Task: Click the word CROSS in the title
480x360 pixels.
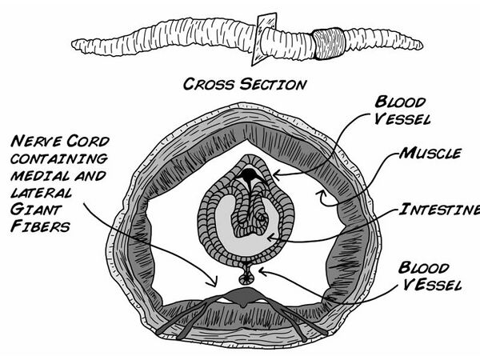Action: point(209,84)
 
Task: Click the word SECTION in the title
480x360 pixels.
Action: point(273,84)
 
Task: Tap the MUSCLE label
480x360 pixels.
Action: point(430,153)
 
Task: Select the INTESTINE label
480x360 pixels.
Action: point(439,210)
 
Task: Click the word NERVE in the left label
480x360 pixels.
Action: point(37,142)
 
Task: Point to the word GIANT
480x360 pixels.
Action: point(36,210)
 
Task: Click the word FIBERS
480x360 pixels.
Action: point(40,226)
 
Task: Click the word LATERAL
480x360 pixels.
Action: point(42,193)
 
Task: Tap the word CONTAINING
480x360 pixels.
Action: point(59,158)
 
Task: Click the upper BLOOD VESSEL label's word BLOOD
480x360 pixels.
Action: point(400,102)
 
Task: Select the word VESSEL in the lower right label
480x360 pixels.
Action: point(432,285)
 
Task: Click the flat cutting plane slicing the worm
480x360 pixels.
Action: point(264,39)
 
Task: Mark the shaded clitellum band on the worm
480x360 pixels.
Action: point(329,43)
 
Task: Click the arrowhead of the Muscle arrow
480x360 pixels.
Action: point(320,193)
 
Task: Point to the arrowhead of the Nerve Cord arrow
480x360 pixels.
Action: point(214,282)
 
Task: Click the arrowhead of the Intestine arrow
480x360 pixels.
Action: point(270,238)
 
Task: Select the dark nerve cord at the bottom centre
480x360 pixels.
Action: point(244,296)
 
